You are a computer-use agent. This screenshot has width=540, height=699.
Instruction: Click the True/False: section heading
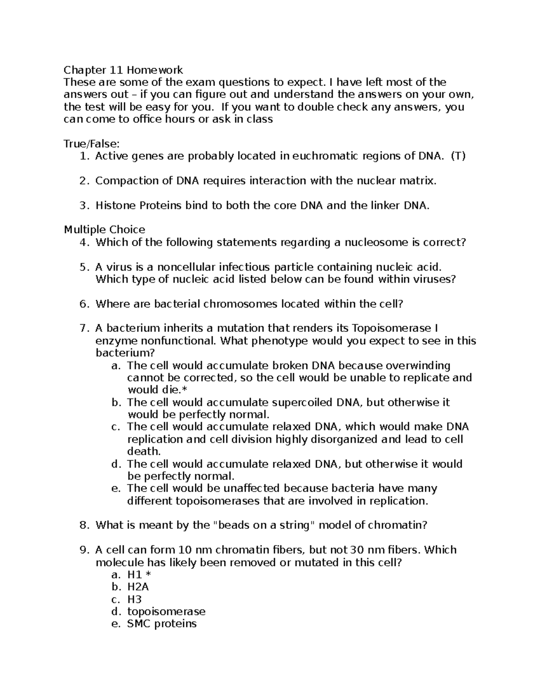[92, 144]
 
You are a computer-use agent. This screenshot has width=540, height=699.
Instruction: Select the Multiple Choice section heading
[104, 230]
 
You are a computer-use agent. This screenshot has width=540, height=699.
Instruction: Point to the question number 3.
[83, 206]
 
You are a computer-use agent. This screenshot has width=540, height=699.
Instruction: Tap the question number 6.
[83, 304]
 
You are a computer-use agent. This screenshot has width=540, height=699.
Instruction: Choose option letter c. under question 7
[115, 427]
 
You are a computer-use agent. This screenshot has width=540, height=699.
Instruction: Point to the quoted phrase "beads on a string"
[263, 525]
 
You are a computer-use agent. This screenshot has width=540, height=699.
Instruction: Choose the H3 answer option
[134, 600]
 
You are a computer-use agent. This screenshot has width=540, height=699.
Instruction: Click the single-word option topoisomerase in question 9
[166, 612]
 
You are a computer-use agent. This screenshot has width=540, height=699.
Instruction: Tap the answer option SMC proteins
[162, 624]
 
